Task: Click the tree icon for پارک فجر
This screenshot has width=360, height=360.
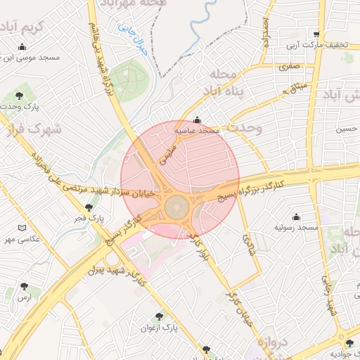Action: (89, 207)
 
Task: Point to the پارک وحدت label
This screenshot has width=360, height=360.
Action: (33, 106)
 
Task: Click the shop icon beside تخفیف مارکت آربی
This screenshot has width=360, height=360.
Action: (317, 34)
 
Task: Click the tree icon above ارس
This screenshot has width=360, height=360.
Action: (25, 286)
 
